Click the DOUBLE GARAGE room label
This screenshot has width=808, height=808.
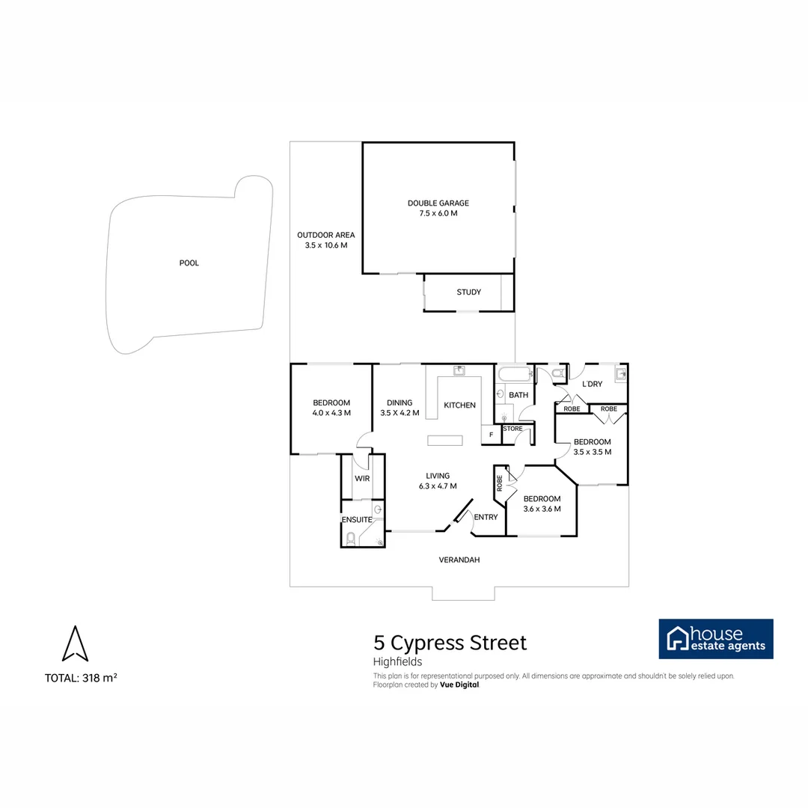pos(438,203)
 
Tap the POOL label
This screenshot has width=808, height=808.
pos(189,263)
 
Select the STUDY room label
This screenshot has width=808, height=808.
pos(468,293)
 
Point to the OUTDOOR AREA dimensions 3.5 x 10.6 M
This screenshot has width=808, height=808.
pos(325,245)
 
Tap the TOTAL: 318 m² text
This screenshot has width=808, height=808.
pos(81,678)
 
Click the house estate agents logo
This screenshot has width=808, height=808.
pos(715,639)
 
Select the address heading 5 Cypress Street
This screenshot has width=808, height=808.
pos(450,643)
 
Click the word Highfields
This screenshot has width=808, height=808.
pos(397,661)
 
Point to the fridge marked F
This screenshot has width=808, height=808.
pos(491,435)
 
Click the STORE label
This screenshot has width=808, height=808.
pos(512,429)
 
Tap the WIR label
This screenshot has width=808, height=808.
pos(362,479)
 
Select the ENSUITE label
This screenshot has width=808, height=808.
pos(357,520)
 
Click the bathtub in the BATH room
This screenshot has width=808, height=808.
pos(513,374)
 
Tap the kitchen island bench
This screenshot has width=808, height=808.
pos(445,440)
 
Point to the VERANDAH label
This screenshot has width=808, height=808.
pos(459,560)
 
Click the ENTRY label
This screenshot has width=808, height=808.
pos(486,517)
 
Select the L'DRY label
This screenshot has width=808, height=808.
pos(592,385)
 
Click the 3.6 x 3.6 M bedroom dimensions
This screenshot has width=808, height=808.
pos(542,509)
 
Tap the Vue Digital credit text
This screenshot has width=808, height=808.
pos(459,685)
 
